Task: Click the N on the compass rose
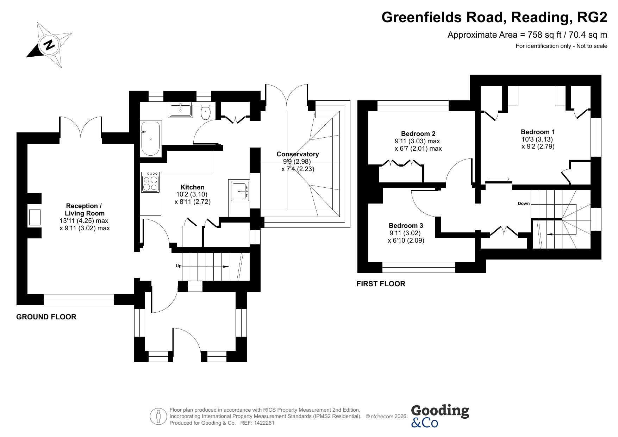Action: click(49, 45)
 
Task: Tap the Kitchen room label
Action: click(192, 187)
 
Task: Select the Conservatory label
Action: click(298, 154)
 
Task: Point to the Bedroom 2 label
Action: click(418, 134)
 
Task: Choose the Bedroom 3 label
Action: click(406, 226)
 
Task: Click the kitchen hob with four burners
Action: click(150, 182)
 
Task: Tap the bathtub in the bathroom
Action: click(151, 139)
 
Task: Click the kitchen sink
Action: click(240, 191)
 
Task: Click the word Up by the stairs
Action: click(179, 266)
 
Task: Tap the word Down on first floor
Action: click(524, 204)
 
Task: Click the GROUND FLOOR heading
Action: click(46, 317)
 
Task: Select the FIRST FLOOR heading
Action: click(381, 284)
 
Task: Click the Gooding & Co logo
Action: click(440, 416)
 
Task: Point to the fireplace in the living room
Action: click(35, 217)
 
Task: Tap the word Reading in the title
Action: click(538, 17)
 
